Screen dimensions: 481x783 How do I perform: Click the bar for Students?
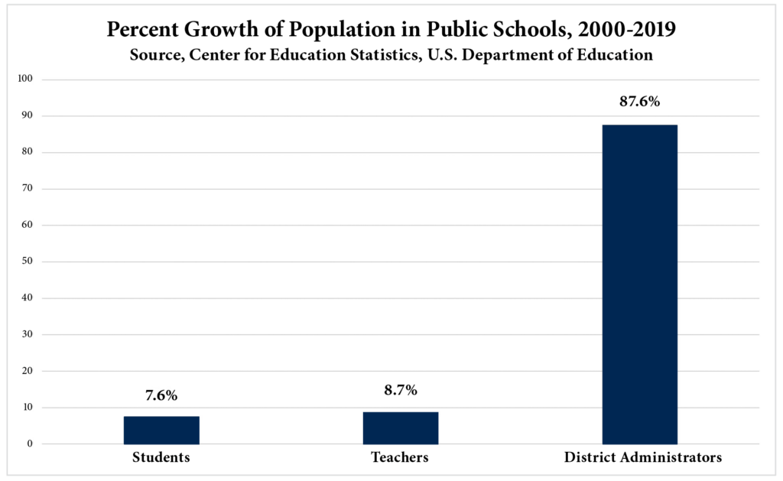[161, 430]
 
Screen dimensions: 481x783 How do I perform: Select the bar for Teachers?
[401, 428]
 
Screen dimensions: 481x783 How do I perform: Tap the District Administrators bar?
[639, 284]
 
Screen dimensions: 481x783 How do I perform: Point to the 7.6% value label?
[161, 395]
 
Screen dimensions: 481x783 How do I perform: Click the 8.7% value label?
[401, 391]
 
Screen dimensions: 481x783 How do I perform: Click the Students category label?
[161, 458]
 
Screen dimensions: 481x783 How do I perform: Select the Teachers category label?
[400, 458]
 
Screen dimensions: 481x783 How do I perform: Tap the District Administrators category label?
[643, 458]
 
